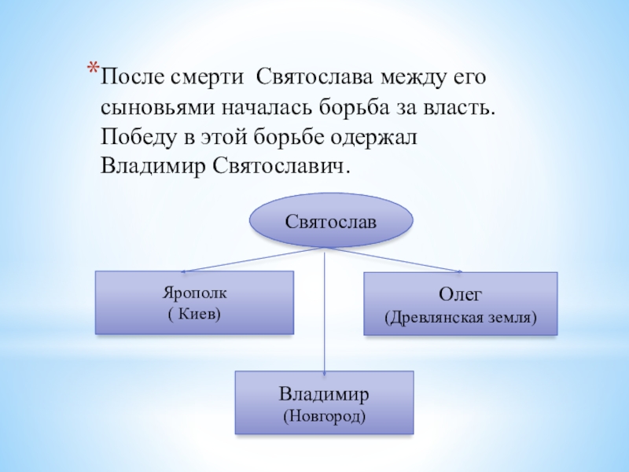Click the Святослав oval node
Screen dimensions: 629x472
[330, 219]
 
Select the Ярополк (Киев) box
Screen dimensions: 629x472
[194, 303]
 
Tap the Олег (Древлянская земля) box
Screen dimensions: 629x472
[460, 304]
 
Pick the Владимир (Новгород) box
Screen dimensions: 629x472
[324, 402]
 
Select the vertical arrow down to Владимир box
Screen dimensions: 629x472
[326, 315]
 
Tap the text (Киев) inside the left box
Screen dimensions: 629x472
[194, 313]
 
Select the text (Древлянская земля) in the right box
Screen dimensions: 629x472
[460, 318]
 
